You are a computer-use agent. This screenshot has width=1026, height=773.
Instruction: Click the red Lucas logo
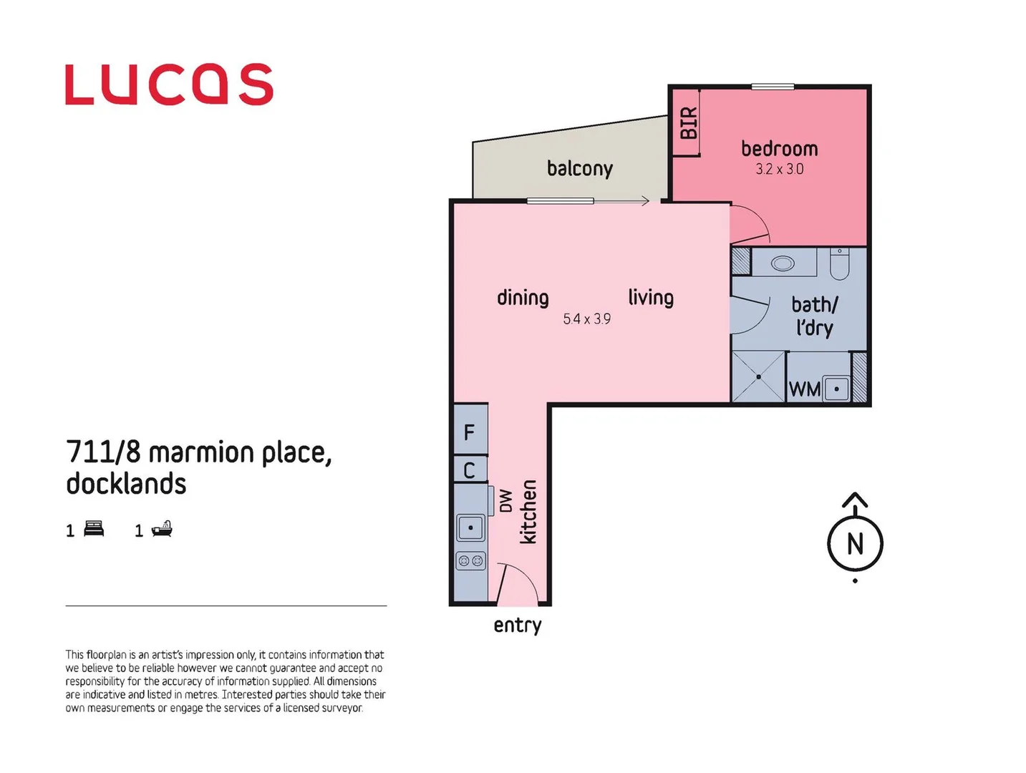pos(169,84)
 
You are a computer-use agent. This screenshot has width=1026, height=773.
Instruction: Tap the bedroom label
pos(779,149)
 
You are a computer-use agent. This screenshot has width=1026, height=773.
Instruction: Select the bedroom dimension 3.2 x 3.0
pos(779,170)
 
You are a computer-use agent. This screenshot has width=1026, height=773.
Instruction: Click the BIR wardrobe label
pos(688,122)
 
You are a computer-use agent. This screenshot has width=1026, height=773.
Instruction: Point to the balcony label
pos(579,169)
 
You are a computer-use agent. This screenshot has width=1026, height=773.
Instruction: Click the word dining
pos(523,298)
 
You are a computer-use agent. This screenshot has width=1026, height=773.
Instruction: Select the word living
pos(651,298)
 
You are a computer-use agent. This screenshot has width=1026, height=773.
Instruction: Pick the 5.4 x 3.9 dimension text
pos(586,319)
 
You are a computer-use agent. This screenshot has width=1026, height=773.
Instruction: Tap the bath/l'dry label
pos(814,316)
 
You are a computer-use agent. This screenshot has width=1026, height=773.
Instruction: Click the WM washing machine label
pos(804,389)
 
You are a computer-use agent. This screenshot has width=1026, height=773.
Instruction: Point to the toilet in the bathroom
pos(839,265)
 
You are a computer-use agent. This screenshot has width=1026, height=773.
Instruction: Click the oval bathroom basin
pos(783,263)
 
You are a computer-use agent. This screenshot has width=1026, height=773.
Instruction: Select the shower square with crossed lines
pos(758,376)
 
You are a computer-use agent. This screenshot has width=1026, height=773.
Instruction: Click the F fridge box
pos(470,432)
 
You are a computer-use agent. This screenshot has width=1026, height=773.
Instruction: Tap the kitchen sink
pos(470,528)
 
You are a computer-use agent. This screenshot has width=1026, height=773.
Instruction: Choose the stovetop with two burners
pos(470,561)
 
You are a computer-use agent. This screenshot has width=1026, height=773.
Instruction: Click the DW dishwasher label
pos(505,500)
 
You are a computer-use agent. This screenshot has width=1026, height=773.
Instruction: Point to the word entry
pos(517,626)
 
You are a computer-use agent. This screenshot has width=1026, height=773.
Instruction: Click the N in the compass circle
pos(855,544)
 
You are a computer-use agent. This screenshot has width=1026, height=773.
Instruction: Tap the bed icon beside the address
pos(94,529)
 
